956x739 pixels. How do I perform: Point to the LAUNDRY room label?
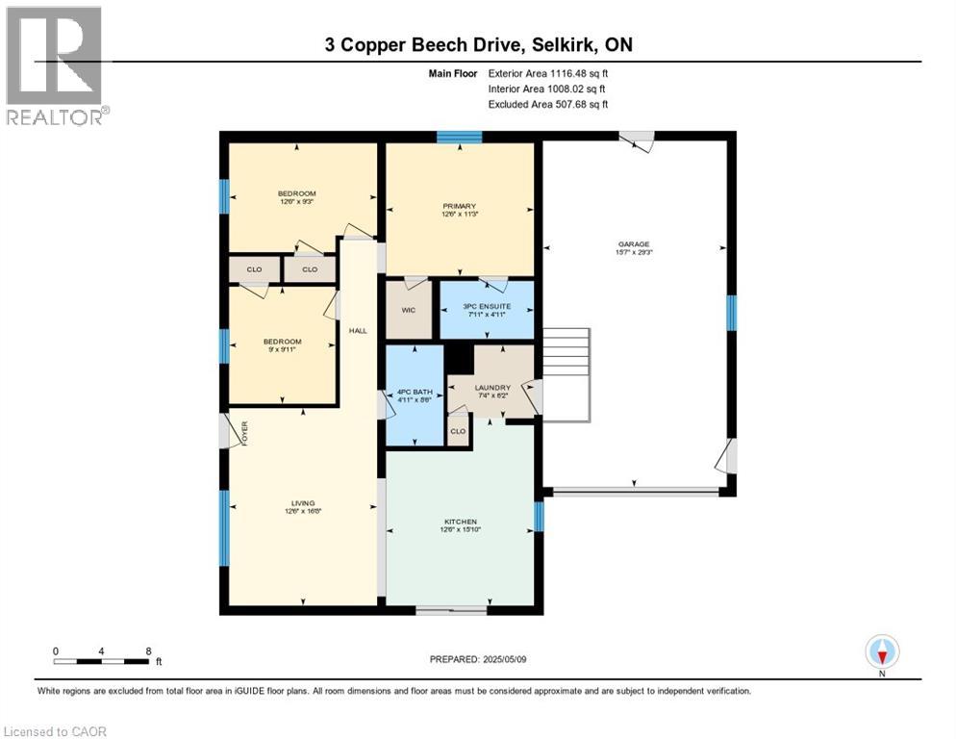click(491, 388)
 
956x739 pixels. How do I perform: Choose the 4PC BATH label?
click(415, 393)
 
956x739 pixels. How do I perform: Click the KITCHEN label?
click(459, 522)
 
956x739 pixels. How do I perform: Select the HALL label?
click(358, 330)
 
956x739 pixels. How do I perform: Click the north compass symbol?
click(882, 652)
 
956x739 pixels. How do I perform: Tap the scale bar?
click(101, 661)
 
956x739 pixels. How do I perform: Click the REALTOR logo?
click(55, 65)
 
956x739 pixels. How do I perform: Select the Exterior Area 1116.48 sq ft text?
click(547, 71)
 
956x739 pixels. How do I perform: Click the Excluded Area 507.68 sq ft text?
click(547, 104)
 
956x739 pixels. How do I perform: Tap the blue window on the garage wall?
click(731, 312)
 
